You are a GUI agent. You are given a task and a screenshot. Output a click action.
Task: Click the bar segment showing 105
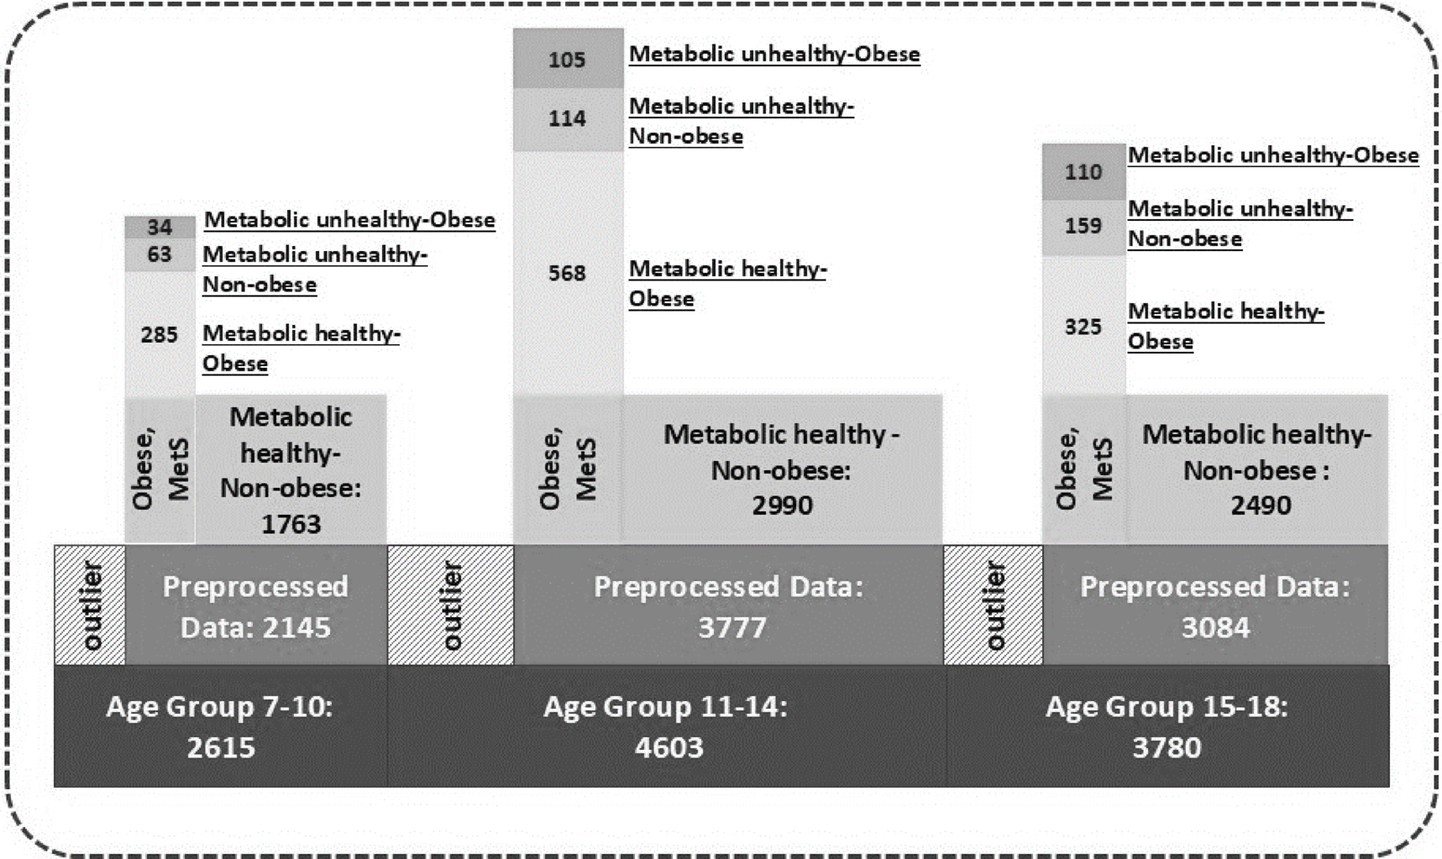point(568,59)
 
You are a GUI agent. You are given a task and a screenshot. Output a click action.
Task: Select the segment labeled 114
point(568,118)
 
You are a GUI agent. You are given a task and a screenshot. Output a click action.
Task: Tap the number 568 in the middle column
point(568,273)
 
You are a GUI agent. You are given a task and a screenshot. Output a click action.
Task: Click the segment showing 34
point(160,227)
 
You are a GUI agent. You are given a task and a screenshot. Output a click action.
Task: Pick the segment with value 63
point(160,254)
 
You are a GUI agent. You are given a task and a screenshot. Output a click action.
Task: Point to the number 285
point(160,334)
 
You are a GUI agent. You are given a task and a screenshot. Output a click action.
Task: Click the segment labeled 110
point(1083,172)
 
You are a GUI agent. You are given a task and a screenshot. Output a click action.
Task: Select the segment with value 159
point(1083,226)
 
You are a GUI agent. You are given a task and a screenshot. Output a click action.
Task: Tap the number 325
point(1083,327)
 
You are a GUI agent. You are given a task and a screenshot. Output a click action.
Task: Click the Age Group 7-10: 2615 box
point(220,726)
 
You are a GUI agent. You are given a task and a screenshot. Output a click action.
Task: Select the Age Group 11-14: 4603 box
point(666,726)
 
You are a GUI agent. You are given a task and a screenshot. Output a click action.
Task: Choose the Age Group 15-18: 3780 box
point(1167,726)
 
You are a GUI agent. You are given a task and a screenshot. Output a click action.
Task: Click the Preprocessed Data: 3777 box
point(728,605)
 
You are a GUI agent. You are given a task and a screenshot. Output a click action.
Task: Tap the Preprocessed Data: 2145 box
point(255,605)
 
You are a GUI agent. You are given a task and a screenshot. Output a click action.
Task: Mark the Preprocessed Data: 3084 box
point(1214,605)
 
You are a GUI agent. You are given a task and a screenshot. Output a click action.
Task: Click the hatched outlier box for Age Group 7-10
point(90,605)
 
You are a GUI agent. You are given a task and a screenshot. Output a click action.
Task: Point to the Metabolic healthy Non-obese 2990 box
point(782,469)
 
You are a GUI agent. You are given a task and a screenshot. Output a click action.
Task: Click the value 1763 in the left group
point(291,525)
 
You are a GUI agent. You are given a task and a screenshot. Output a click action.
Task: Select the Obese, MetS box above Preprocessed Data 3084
point(1083,469)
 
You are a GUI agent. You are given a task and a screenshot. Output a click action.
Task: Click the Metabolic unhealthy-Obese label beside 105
point(774,55)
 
